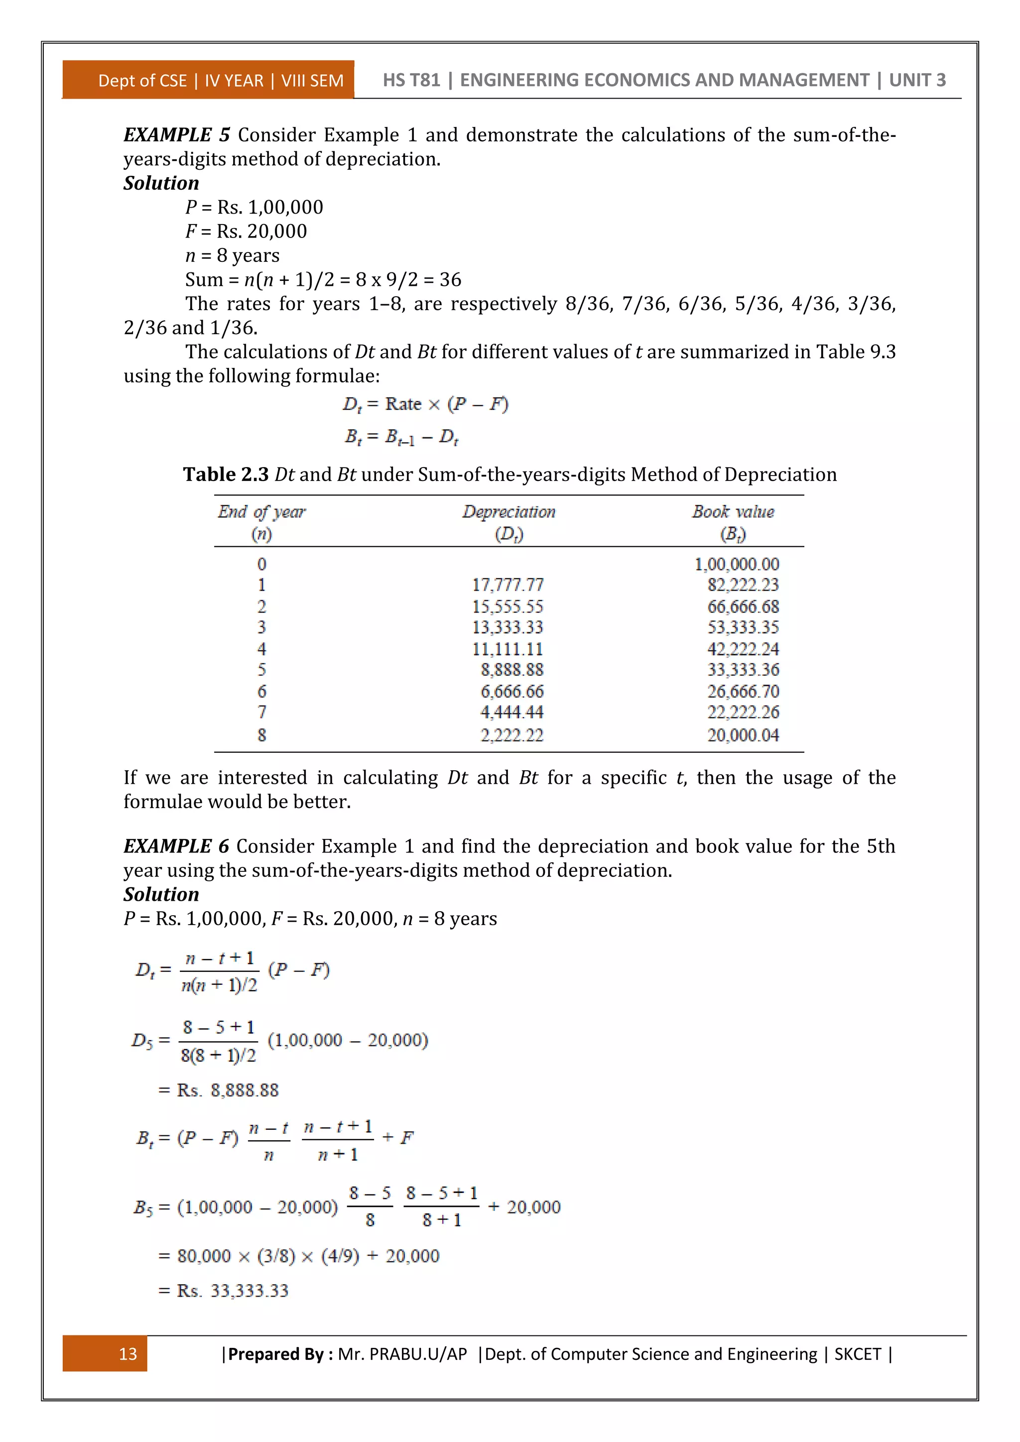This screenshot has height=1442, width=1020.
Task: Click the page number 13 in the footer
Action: coord(127,1353)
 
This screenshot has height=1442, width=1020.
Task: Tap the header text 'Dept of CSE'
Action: coord(142,80)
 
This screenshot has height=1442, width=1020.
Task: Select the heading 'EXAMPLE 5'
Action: coord(176,134)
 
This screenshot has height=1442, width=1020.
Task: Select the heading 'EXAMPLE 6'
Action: coord(176,846)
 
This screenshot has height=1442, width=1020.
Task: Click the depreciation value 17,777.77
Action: coord(508,585)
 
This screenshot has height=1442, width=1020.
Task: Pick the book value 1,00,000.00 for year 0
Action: coord(736,564)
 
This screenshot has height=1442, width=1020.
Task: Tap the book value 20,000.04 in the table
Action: coord(743,735)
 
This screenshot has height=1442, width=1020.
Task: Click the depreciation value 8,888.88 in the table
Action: coord(512,670)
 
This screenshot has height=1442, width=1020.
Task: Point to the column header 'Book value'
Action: coord(733,512)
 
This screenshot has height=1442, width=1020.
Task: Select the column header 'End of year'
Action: coord(261,512)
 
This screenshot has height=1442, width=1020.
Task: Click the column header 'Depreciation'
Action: coord(509,512)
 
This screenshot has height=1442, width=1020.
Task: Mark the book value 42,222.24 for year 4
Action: coord(743,649)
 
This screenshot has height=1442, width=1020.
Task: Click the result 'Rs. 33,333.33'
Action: coord(233,1291)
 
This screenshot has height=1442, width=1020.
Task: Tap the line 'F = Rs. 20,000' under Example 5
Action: coord(246,231)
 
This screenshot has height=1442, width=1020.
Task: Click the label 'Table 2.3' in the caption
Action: coord(226,474)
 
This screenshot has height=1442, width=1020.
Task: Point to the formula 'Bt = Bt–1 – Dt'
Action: coord(401,437)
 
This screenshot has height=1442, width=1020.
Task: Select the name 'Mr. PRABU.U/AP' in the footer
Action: coord(402,1353)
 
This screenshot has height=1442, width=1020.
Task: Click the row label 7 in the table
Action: coord(262,712)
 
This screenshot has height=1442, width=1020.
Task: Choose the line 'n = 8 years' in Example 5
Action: coord(233,255)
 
